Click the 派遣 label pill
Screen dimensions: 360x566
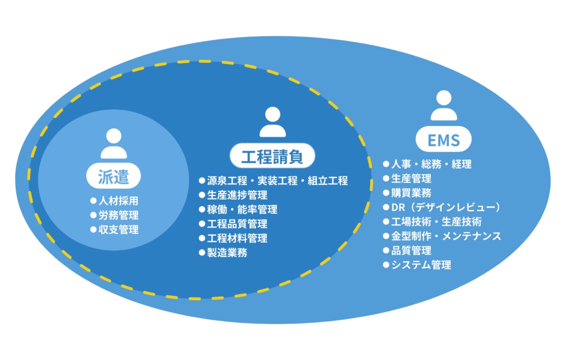[x=113, y=176]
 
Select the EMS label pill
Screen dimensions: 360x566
[x=443, y=140]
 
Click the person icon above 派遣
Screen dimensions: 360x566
[x=114, y=144]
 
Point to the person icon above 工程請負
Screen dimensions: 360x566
[x=272, y=122]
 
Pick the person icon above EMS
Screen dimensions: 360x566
[x=444, y=106]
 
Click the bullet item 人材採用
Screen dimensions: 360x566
[x=118, y=201]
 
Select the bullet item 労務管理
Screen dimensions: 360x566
[x=118, y=215]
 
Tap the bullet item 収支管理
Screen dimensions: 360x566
[x=118, y=229]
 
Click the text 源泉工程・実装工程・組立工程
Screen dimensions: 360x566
[x=277, y=181]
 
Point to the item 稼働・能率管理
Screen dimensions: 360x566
[x=242, y=210]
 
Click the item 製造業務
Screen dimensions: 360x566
[x=227, y=253]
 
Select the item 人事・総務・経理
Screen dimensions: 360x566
[x=431, y=164]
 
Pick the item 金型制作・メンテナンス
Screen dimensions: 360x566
[x=446, y=236]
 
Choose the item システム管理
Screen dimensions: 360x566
[x=421, y=265]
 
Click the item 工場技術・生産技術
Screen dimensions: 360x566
[x=436, y=222]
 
